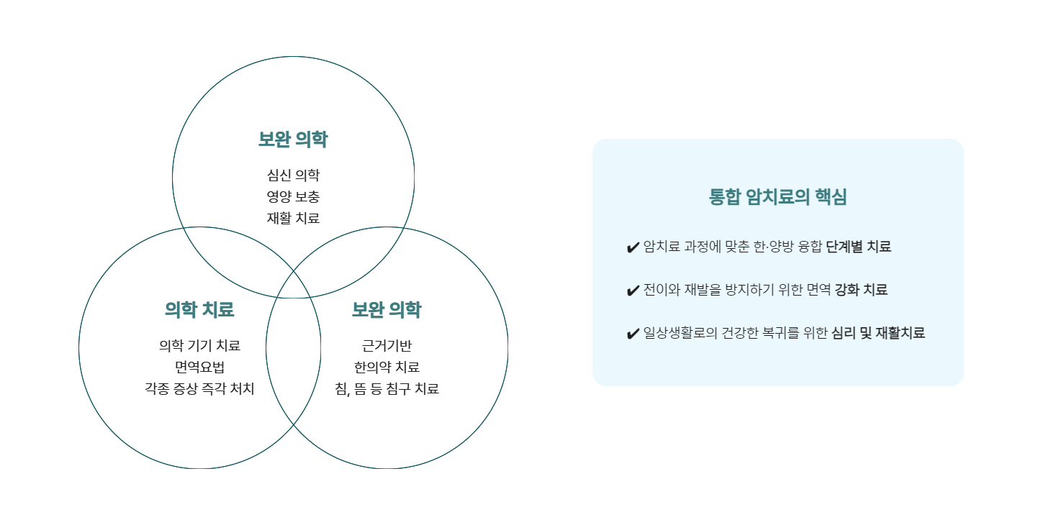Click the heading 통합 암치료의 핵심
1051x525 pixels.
coord(777,197)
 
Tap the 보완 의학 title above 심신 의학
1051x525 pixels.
coord(293,140)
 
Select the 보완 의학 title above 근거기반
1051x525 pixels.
coord(387,310)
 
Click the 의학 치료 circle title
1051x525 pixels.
coord(199,310)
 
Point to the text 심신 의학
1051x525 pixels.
coord(293,175)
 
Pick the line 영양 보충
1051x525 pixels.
coord(293,196)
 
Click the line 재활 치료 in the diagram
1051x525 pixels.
coord(293,218)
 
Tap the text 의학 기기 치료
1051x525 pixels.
coord(199,346)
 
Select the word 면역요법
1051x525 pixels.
coord(199,367)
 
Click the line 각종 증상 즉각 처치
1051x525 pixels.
coord(199,389)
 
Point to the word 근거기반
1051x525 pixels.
coord(387,346)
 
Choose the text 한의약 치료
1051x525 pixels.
coord(387,367)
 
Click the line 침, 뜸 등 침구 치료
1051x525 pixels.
coord(387,389)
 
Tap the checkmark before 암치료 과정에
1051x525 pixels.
coord(633,248)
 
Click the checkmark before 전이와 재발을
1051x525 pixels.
coord(633,291)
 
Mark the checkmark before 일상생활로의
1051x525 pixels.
coord(633,334)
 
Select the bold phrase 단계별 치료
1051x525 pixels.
coord(858,247)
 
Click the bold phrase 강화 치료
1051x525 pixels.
coord(861,290)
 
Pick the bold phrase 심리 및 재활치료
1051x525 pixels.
coord(878,333)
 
